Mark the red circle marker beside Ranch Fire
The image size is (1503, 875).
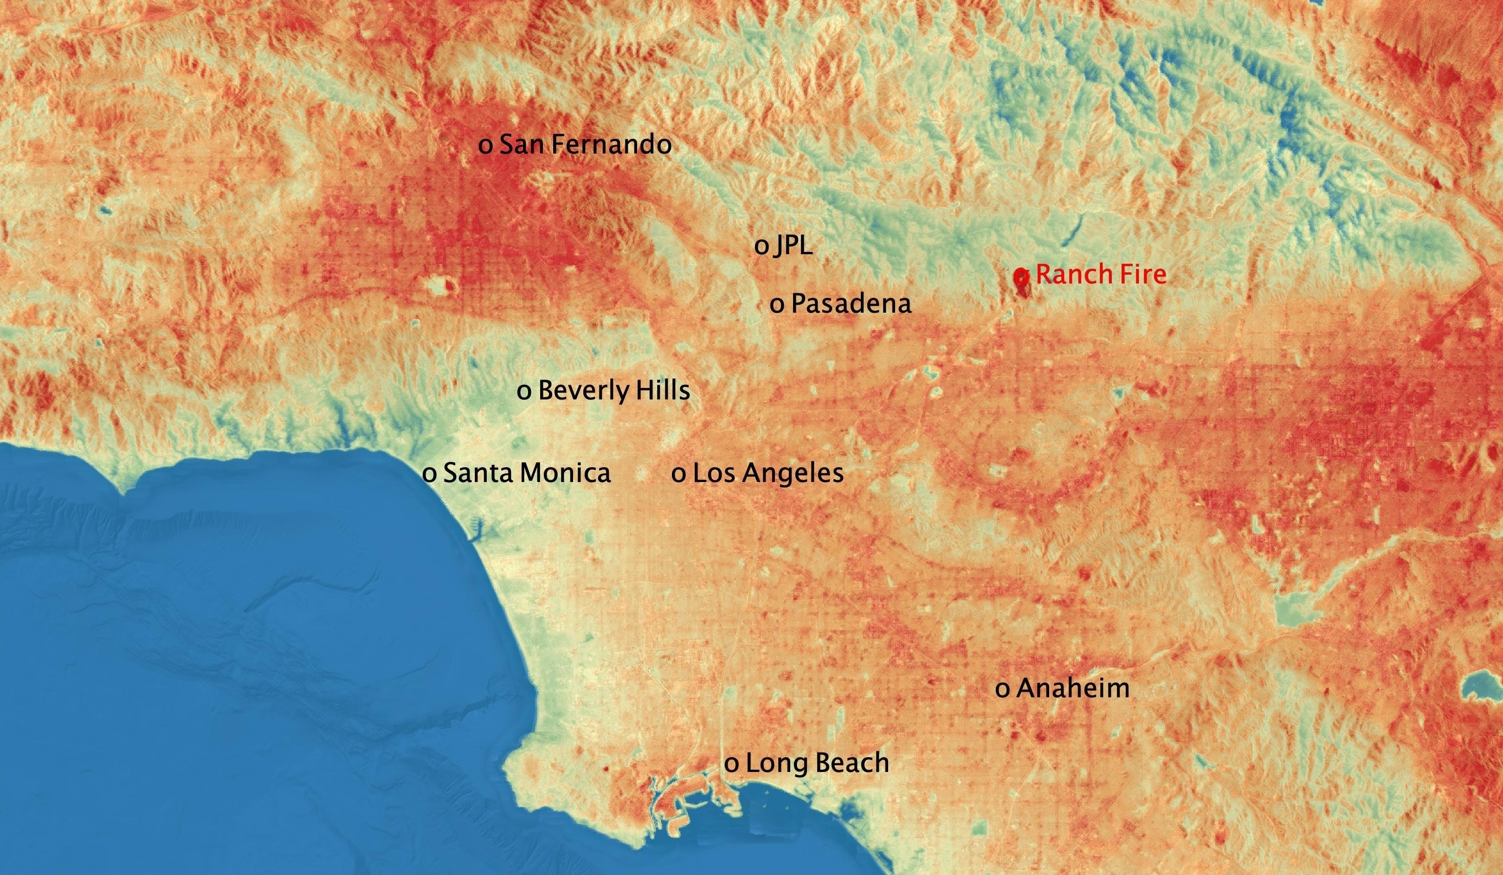pyautogui.click(x=1021, y=276)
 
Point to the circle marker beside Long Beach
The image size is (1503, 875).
pyautogui.click(x=732, y=765)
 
